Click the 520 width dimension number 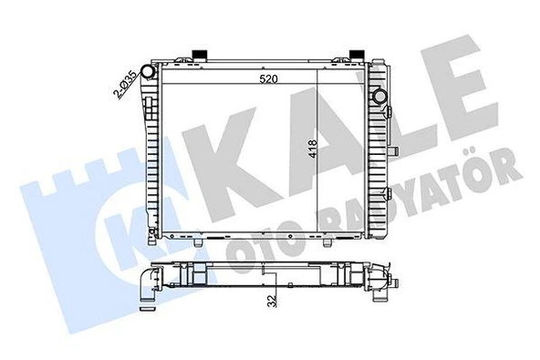click(x=268, y=79)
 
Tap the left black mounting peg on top click(x=197, y=52)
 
